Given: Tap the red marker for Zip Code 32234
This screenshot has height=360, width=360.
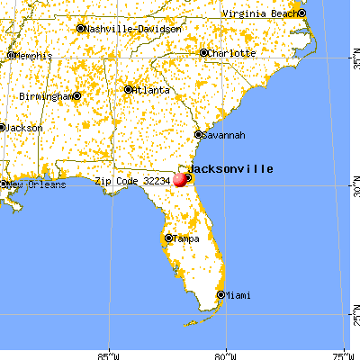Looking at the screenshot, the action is click(180, 179).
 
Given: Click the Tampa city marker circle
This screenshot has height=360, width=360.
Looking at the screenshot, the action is click(168, 238).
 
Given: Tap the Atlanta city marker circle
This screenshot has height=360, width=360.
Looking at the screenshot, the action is click(129, 89).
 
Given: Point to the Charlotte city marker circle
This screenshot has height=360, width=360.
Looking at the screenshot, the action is click(204, 53).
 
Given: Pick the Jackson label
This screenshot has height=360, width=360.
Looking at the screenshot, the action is click(24, 128).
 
